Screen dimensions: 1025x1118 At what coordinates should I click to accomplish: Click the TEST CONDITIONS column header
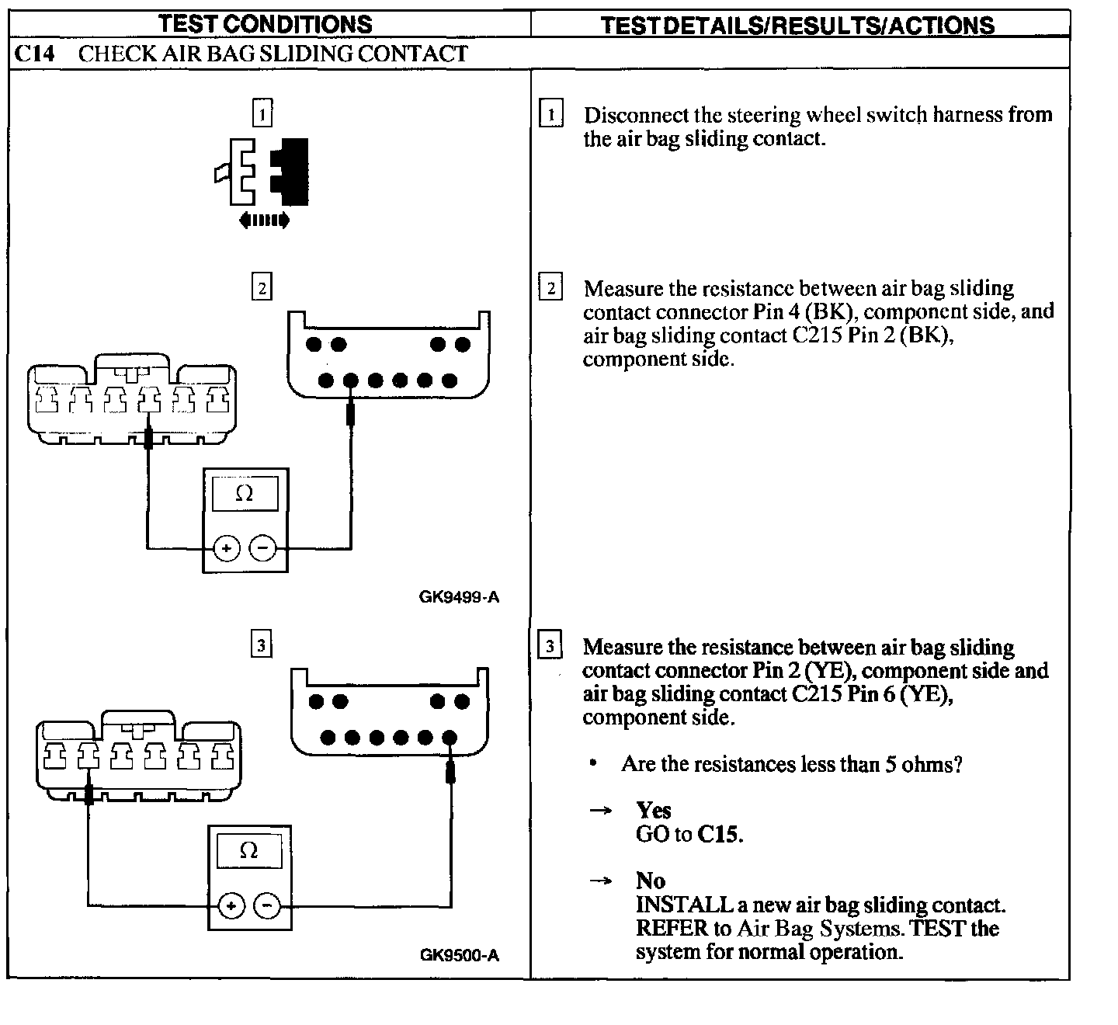coord(266,24)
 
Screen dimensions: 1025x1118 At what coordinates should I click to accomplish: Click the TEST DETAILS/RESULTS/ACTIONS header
coord(797,26)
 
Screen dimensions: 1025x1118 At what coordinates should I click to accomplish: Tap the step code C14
coord(34,54)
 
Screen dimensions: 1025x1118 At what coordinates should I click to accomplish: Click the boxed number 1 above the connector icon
coord(262,115)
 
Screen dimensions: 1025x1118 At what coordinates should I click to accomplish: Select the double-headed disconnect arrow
coord(264,221)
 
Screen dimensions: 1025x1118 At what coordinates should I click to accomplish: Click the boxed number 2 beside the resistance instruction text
coord(550,289)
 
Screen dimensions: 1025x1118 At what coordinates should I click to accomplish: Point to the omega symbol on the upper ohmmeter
coord(245,494)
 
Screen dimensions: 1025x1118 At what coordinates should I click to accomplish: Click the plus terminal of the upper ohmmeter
coord(226,549)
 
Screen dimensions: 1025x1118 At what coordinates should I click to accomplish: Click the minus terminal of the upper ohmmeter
coord(263,549)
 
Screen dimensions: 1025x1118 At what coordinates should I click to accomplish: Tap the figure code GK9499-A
coord(459,597)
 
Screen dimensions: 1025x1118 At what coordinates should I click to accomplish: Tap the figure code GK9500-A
coord(460,955)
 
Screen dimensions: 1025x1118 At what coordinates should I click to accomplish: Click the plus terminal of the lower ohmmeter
coord(231,905)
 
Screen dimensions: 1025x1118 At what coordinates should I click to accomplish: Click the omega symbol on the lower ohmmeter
coord(248,851)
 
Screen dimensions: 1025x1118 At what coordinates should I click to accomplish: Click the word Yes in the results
coord(653,811)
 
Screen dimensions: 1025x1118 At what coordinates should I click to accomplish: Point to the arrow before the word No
coord(600,881)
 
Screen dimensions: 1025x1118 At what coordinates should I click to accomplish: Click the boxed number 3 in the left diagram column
coord(262,645)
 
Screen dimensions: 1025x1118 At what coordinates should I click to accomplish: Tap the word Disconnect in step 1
coord(626,116)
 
